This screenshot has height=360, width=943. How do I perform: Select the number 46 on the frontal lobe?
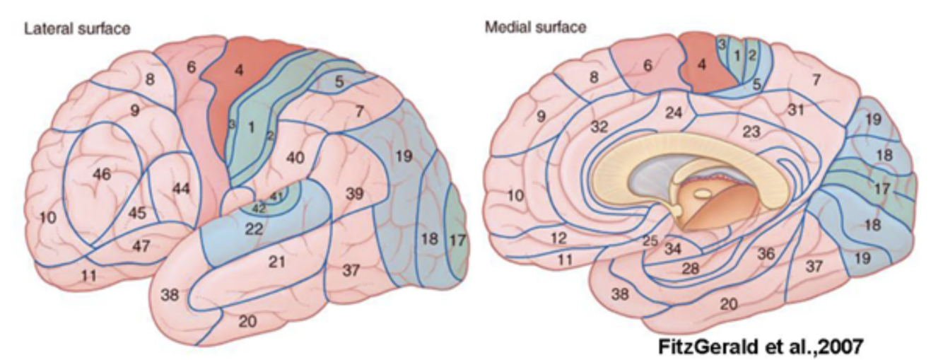[102, 173]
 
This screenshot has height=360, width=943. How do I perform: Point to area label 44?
[181, 188]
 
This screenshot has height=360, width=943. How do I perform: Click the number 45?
[140, 213]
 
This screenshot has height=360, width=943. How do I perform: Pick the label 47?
[142, 245]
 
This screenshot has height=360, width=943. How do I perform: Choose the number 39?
[354, 193]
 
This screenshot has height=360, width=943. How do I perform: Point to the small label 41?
[277, 196]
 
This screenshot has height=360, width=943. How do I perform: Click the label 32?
[599, 127]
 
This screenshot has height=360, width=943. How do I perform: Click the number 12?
[558, 238]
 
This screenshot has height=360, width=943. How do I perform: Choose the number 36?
[765, 253]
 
